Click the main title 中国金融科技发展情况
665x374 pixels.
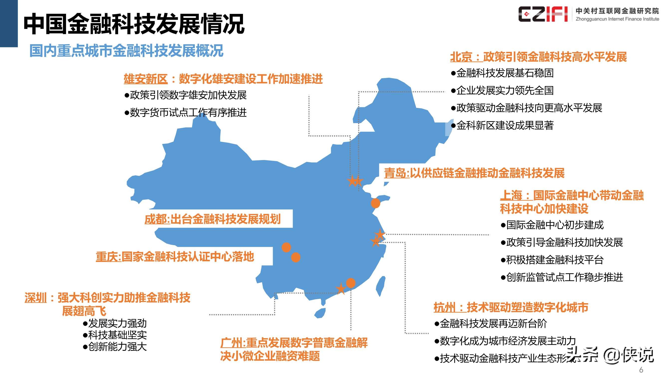134,24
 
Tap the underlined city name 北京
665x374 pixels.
461,57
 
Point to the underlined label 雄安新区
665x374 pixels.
146,79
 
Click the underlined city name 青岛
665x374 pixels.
395,173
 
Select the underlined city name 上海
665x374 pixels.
511,195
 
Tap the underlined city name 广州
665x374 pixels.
231,343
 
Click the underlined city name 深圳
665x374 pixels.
36,298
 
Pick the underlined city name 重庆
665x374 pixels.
107,257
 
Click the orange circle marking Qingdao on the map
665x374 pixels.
375,203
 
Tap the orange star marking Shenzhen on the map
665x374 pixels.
341,289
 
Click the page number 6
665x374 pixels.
641,370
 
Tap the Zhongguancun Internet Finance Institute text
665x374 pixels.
617,19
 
